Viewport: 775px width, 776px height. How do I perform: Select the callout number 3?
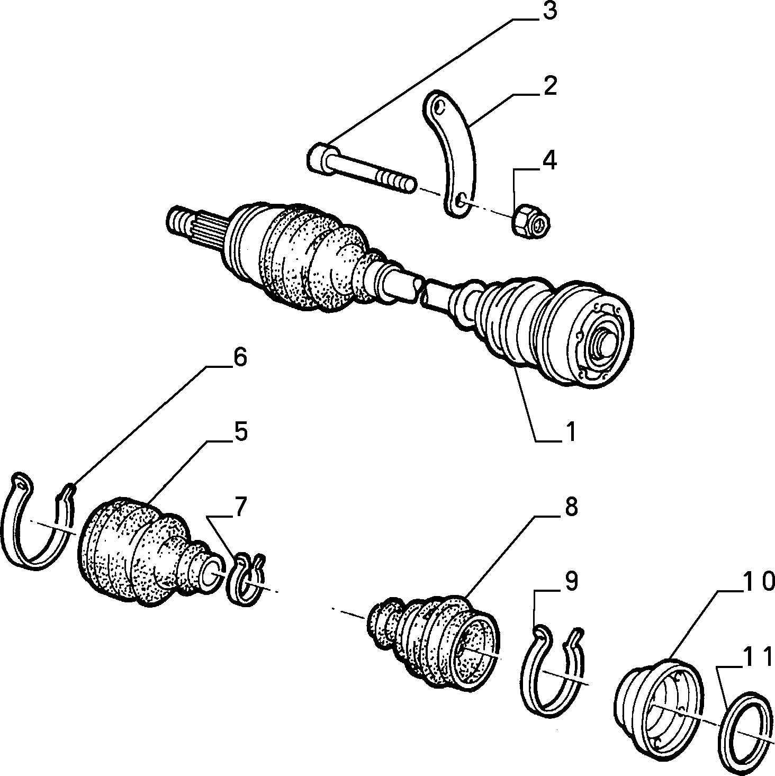click(549, 12)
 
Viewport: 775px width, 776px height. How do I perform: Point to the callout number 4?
click(549, 161)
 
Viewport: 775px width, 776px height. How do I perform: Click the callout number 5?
click(240, 432)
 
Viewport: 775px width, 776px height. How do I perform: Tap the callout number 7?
click(239, 507)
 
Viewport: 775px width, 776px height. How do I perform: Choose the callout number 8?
click(571, 507)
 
